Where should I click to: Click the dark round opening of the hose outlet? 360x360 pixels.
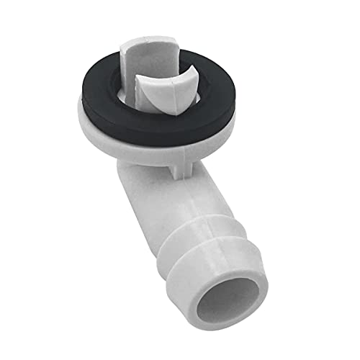tap(232, 292)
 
